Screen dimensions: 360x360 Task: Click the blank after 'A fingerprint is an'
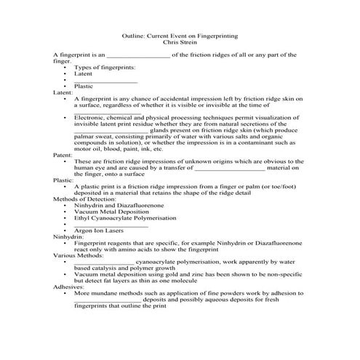(138, 55)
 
